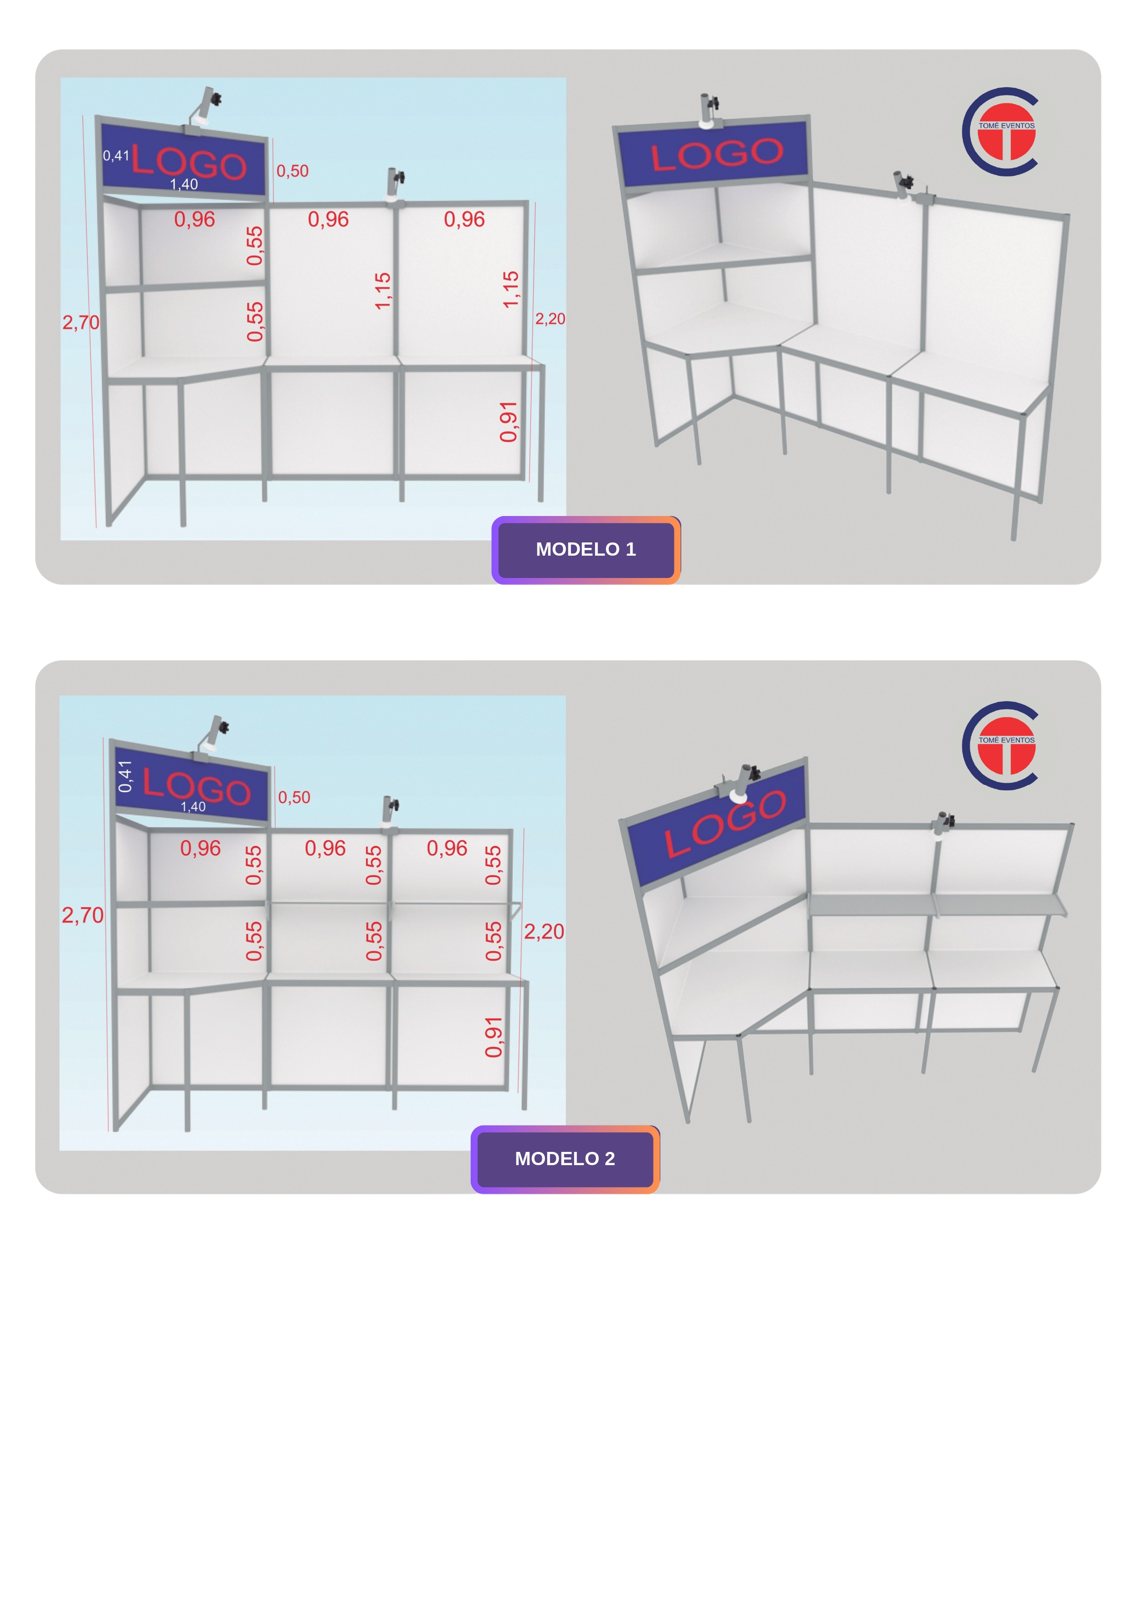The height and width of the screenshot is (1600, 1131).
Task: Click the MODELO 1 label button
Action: (x=586, y=550)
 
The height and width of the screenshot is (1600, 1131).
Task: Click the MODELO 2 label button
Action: (x=565, y=1159)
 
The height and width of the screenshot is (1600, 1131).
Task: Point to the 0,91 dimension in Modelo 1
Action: (x=509, y=422)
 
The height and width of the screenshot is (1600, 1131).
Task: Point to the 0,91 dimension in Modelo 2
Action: (x=494, y=1037)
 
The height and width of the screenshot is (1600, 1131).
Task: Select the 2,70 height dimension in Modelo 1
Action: (x=81, y=323)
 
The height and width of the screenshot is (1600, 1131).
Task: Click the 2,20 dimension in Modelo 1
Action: (x=550, y=319)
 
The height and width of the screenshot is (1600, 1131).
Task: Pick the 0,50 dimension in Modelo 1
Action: (x=293, y=171)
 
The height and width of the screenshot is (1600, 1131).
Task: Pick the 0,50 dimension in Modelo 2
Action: (x=294, y=797)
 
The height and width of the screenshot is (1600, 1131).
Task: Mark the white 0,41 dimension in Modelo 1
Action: (x=116, y=155)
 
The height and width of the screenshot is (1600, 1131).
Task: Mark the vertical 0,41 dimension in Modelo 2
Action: (x=125, y=776)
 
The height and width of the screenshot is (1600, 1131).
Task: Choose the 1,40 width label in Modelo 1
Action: (x=184, y=185)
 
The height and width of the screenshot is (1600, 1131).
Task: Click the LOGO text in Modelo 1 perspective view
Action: (x=717, y=155)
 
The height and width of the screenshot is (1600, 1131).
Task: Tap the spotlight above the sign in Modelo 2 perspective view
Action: (x=742, y=782)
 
